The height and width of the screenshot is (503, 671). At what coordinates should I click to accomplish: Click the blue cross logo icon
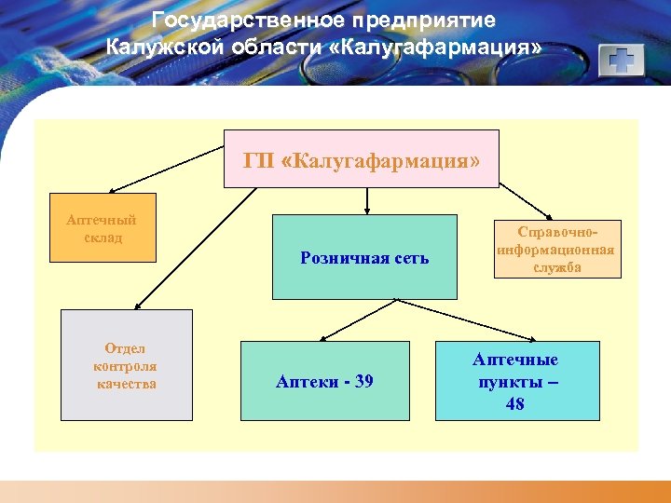622,61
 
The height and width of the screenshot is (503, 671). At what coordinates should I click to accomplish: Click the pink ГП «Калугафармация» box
363,159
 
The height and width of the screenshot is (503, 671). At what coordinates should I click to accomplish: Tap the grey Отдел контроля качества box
126,364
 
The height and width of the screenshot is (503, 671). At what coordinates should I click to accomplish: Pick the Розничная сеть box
364,257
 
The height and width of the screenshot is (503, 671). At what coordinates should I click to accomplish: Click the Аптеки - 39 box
324,380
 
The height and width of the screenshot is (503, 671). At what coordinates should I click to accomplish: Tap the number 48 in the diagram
514,404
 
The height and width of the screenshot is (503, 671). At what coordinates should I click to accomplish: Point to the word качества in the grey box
126,384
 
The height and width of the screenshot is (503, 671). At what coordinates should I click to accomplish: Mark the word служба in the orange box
558,267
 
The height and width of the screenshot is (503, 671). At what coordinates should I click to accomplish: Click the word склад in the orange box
101,238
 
